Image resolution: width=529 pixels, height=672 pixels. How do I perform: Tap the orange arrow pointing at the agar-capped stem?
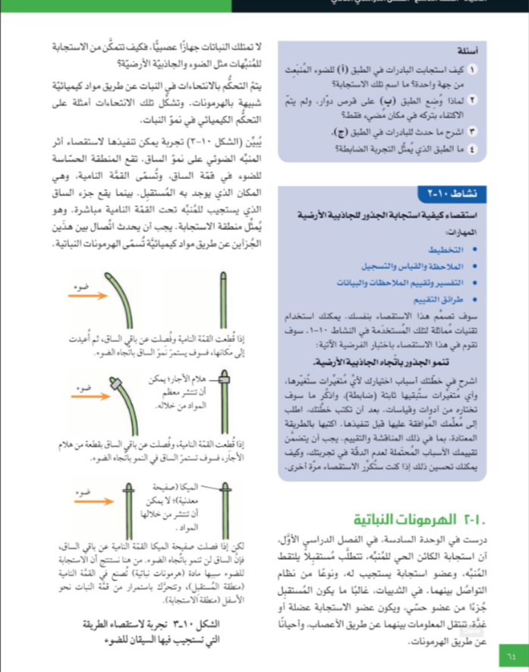90,394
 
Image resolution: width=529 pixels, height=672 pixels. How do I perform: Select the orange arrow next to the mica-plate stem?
91,497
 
